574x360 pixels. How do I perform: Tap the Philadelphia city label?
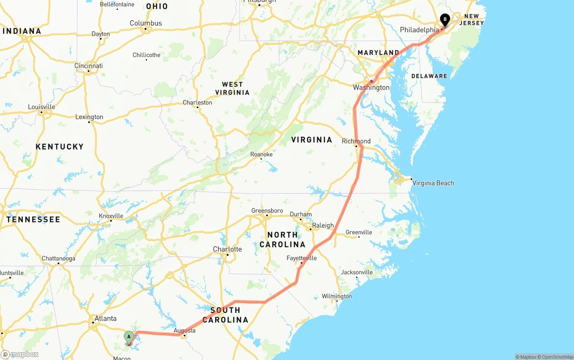419,30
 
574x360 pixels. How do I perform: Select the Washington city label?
371,87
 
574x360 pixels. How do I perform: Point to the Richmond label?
356,141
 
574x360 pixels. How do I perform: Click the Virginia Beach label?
433,183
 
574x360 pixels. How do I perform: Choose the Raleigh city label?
323,226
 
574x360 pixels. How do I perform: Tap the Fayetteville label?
301,258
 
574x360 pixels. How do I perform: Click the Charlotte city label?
227,249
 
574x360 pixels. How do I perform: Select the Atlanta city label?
105,319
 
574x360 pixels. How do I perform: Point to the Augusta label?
184,330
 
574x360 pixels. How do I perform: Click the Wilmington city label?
337,296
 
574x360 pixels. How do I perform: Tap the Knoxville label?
111,216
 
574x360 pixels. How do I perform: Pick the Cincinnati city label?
88,66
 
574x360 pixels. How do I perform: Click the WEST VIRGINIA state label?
232,88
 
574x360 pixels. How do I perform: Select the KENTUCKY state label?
60,147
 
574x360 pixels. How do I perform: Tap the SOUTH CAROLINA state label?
225,315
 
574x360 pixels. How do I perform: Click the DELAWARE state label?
429,76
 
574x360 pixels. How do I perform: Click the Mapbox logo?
20,354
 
